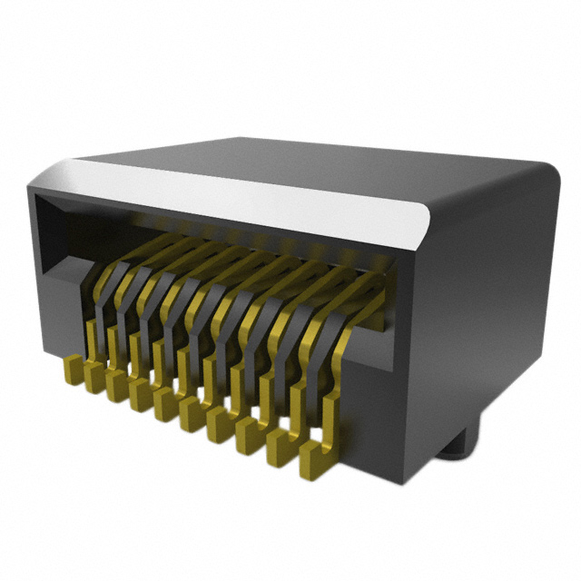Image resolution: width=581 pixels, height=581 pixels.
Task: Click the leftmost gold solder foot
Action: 74,370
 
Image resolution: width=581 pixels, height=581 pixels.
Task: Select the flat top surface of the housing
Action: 363,168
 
